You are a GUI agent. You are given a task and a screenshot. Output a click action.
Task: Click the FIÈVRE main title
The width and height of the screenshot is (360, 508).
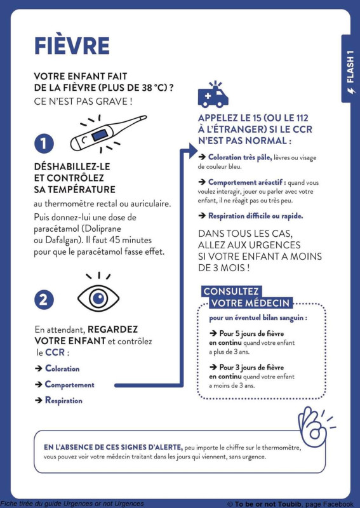click(x=72, y=46)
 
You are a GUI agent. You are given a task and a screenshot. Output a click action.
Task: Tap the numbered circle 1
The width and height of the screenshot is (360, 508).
click(x=44, y=144)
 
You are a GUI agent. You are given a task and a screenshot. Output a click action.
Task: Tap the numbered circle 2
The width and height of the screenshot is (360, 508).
click(x=44, y=300)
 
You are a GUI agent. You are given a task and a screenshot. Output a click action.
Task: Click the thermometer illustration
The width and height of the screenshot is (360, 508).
click(x=108, y=133)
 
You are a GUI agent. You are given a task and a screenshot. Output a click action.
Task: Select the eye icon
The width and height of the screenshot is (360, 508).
click(x=98, y=294)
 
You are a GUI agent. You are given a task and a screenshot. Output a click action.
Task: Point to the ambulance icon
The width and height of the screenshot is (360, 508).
click(x=213, y=94)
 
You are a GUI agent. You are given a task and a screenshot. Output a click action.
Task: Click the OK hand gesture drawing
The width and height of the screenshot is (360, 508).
click(x=315, y=427)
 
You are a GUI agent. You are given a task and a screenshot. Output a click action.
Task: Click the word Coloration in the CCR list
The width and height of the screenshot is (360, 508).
click(x=62, y=369)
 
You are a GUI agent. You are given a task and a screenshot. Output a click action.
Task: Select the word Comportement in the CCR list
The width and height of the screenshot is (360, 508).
click(x=70, y=385)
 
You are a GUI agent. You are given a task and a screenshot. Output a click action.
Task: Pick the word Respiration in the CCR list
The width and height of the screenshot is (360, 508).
click(x=63, y=401)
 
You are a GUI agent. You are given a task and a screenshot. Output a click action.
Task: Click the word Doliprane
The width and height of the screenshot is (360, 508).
click(x=102, y=229)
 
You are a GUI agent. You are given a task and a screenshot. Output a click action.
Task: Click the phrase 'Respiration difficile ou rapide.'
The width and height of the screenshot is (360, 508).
click(x=256, y=216)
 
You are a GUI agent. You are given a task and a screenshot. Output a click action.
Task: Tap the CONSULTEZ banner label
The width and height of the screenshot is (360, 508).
click(x=230, y=291)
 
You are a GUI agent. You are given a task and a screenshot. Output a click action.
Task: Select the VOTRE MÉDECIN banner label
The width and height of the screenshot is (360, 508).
click(x=251, y=304)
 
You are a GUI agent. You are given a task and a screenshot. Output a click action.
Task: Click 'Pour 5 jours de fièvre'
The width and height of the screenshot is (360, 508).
click(x=251, y=333)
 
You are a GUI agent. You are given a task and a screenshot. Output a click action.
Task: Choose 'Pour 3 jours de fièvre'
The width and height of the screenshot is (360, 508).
click(x=251, y=368)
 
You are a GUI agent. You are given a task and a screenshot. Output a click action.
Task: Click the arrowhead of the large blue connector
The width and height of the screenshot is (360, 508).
click(x=192, y=151)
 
